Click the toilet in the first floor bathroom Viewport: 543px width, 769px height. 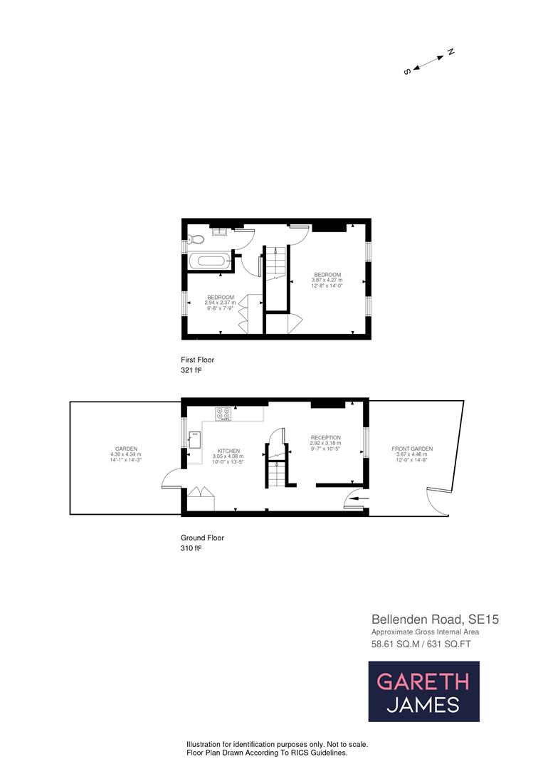[197, 239]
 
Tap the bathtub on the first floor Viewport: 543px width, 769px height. [210, 261]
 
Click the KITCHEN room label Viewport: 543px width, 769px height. [228, 451]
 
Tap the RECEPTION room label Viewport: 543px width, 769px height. [325, 438]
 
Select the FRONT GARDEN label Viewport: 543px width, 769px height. [412, 449]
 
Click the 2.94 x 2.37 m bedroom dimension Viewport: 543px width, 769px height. [221, 303]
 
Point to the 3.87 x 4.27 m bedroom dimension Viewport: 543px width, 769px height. [327, 281]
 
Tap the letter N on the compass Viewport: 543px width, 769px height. [450, 52]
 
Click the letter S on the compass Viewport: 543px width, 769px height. [407, 71]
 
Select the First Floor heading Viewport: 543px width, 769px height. [198, 360]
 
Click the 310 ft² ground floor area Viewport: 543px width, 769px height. [192, 549]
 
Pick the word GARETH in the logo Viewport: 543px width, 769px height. [423, 681]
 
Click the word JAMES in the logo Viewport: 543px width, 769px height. [423, 705]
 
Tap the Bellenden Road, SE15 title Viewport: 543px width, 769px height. [435, 619]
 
